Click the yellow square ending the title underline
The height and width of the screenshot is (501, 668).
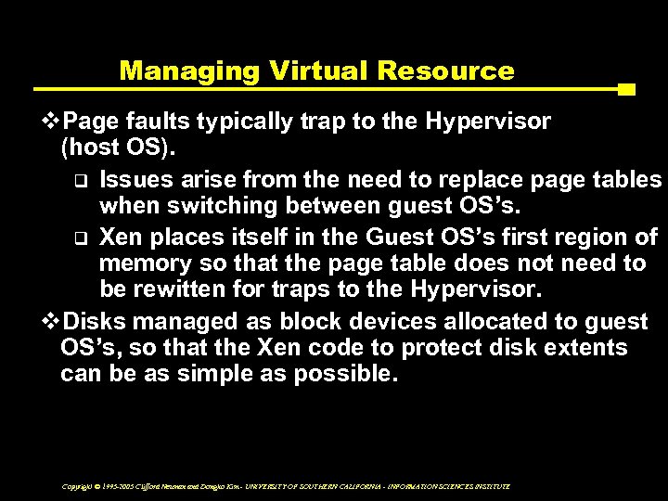(x=625, y=90)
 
